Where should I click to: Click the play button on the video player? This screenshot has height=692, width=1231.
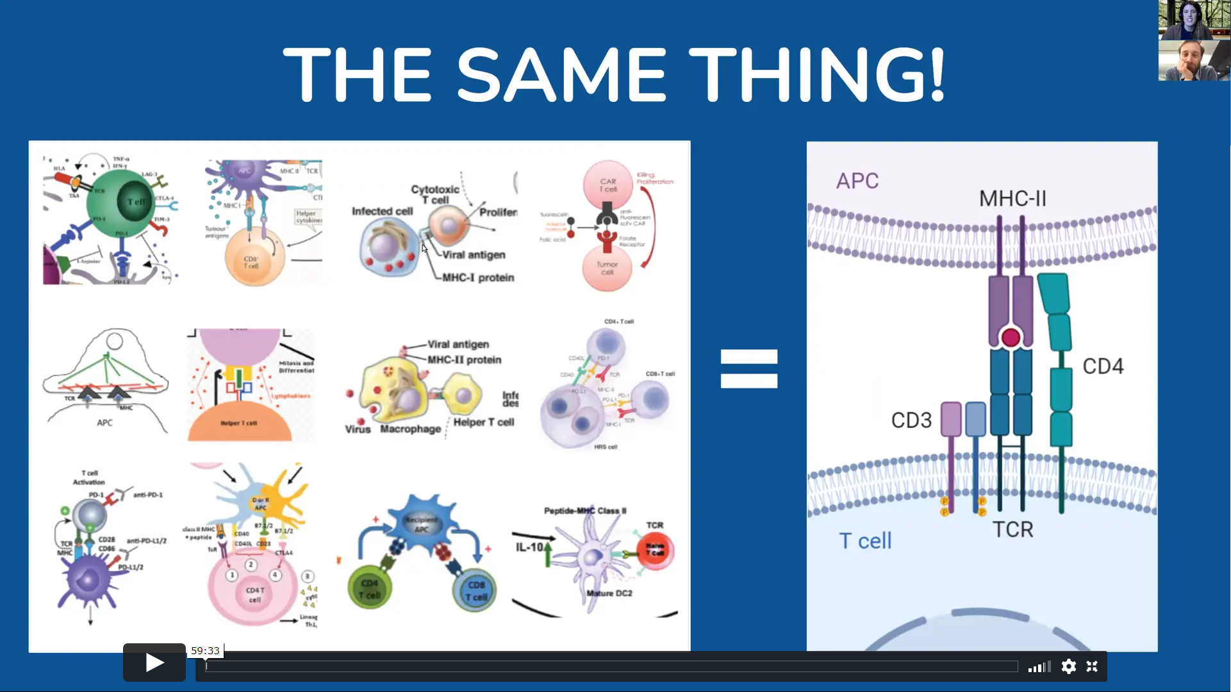154,663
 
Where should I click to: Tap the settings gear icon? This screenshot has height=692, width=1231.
1068,667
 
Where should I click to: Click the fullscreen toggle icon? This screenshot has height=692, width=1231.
1092,667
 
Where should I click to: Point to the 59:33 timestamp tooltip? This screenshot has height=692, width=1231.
205,650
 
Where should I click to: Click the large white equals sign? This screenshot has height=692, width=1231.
748,368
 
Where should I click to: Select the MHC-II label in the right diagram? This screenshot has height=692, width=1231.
1012,199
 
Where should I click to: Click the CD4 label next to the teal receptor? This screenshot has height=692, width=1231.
1103,367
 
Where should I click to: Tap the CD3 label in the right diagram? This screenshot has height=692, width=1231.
911,420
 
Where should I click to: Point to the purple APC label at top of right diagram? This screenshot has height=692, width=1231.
857,181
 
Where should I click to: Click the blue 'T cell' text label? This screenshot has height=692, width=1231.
865,541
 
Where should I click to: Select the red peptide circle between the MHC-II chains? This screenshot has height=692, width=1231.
1011,338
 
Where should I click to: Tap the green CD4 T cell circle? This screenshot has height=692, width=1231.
370,589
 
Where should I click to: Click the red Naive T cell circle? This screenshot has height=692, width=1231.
655,550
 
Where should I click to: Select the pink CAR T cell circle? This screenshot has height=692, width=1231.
607,185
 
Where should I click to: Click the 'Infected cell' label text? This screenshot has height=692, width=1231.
382,211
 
